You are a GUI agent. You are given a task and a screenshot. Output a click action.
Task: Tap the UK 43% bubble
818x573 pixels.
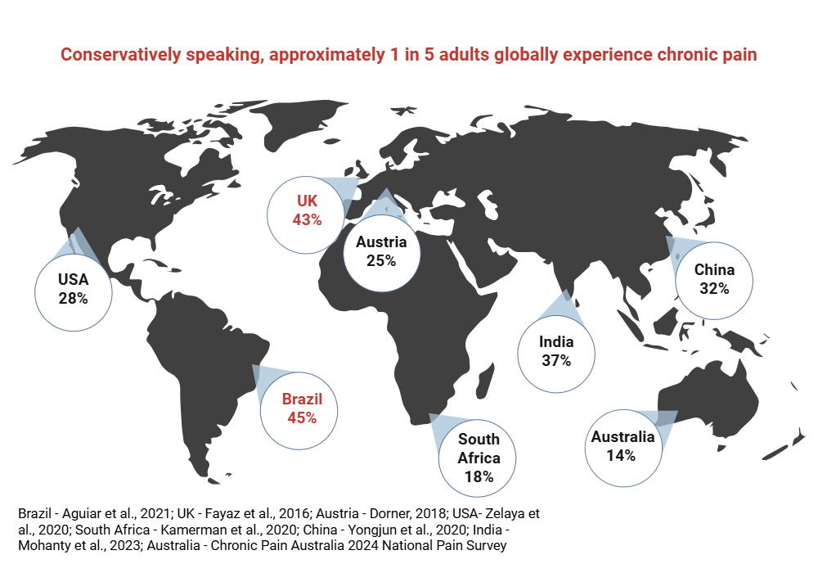307,210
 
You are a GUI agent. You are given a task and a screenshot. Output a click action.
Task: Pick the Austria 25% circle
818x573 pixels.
381,251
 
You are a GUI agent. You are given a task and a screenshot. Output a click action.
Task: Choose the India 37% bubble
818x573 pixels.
556,351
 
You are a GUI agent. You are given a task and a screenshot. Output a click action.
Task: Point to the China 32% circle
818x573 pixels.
714,279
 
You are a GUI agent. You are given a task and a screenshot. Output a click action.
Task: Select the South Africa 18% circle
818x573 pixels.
479,458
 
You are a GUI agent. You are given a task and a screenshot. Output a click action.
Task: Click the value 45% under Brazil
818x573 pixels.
302,417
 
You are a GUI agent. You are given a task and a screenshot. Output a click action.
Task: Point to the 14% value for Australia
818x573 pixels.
622,456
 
